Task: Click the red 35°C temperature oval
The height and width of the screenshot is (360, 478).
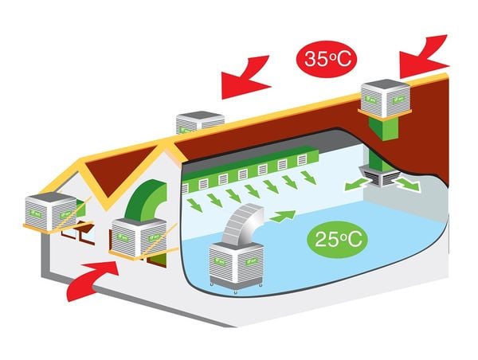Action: (327, 58)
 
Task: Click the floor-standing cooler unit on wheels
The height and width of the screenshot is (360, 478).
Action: (236, 263)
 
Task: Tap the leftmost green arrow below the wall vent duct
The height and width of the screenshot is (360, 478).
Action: (193, 204)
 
